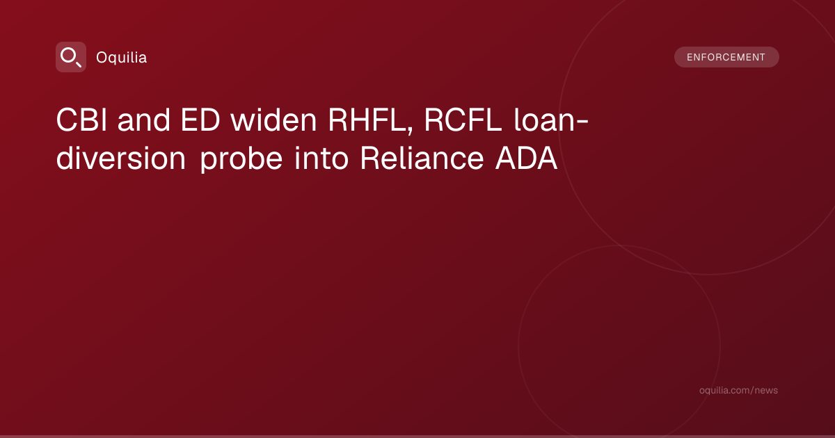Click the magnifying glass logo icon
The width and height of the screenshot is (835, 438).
(x=71, y=57)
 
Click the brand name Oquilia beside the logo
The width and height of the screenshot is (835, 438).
(x=122, y=58)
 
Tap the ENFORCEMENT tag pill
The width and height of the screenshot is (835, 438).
(x=726, y=57)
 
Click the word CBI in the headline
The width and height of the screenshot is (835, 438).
(x=81, y=120)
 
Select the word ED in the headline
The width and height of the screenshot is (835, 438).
(x=200, y=120)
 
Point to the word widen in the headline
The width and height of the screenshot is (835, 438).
(x=273, y=120)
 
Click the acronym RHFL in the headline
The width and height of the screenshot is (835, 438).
(x=368, y=120)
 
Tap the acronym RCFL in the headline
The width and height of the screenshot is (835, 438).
(x=463, y=120)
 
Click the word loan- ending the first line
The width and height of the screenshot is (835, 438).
(x=551, y=120)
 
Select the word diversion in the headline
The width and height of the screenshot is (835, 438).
(x=121, y=158)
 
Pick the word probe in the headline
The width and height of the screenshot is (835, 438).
(x=241, y=159)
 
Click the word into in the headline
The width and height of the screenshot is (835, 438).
(x=321, y=158)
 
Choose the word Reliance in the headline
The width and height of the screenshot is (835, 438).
(x=422, y=158)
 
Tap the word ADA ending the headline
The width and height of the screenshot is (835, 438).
(x=526, y=158)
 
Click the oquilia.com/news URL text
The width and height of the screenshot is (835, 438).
(x=738, y=390)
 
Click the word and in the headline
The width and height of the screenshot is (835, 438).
(x=144, y=120)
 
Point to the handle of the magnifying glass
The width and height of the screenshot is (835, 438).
(x=78, y=64)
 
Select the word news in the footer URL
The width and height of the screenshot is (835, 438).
(x=768, y=390)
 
